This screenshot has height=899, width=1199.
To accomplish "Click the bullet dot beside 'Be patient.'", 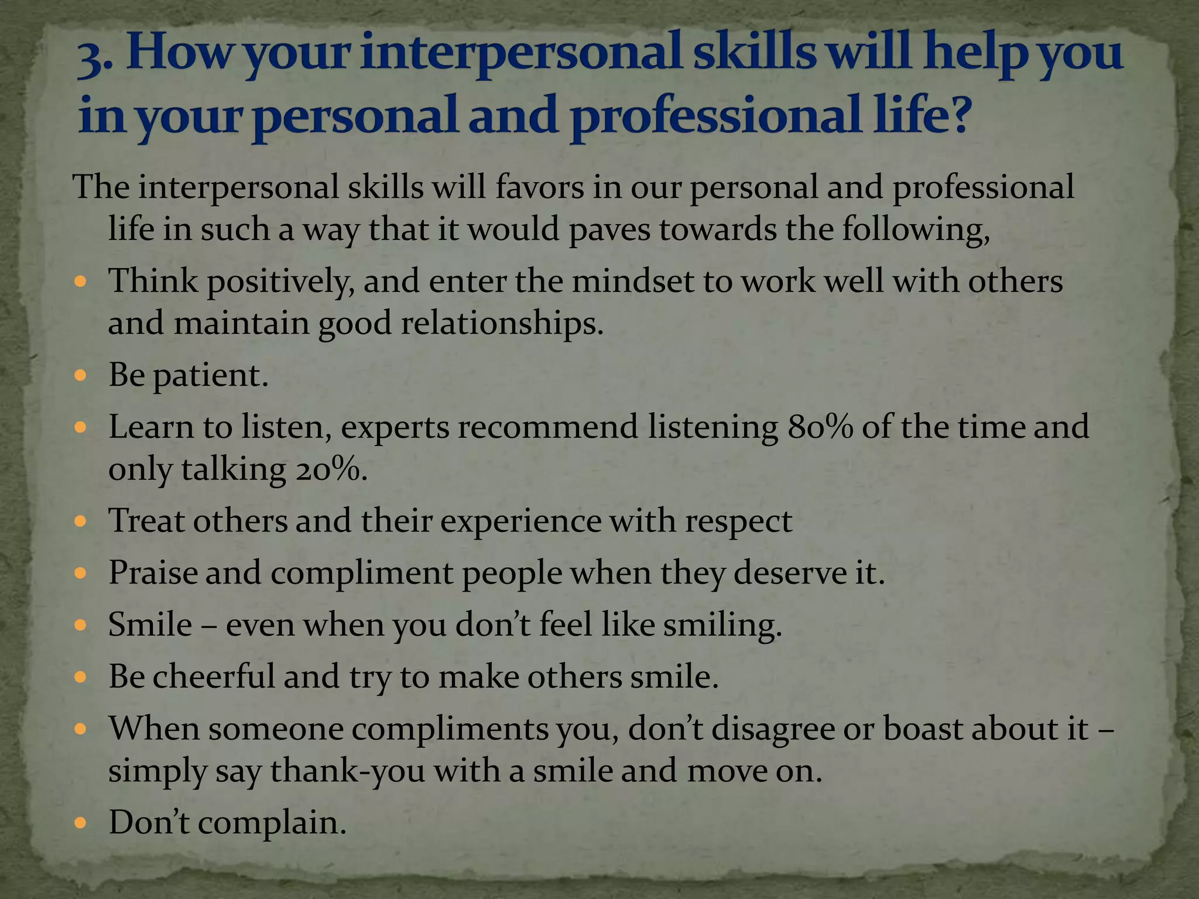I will coord(81,375).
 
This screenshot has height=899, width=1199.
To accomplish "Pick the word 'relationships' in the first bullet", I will coord(502,324).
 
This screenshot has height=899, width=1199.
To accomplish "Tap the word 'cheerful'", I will coord(213,677).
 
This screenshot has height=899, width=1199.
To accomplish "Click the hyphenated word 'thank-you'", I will coord(347,771).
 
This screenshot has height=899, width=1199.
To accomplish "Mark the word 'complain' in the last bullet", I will coord(271,823).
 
